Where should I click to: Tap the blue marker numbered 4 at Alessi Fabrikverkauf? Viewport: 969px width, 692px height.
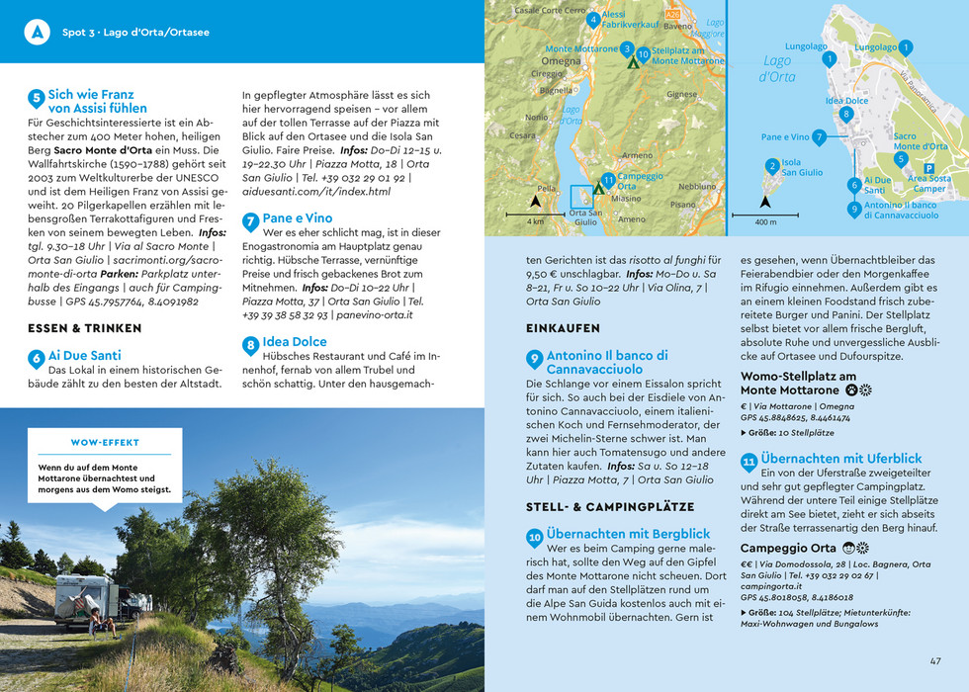click(592, 19)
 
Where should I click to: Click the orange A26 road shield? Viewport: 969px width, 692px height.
click(673, 16)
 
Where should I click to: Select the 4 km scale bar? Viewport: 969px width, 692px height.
click(535, 212)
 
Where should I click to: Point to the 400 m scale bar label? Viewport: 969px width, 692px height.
click(765, 222)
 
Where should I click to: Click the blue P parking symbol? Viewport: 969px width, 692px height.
click(928, 168)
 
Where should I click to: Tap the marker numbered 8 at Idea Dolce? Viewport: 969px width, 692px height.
click(845, 114)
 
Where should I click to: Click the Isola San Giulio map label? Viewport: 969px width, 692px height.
click(802, 167)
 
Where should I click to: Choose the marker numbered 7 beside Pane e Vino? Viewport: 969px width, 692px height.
click(819, 137)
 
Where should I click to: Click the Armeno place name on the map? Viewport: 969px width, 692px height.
click(637, 155)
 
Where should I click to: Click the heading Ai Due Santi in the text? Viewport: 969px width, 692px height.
click(84, 356)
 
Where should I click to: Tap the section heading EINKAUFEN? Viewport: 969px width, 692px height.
click(563, 328)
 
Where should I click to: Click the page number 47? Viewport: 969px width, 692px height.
click(934, 661)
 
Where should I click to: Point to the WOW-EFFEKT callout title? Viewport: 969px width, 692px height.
click(105, 442)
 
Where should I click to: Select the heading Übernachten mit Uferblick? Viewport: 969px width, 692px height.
click(840, 459)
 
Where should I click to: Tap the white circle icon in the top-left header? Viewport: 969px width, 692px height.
click(37, 32)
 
